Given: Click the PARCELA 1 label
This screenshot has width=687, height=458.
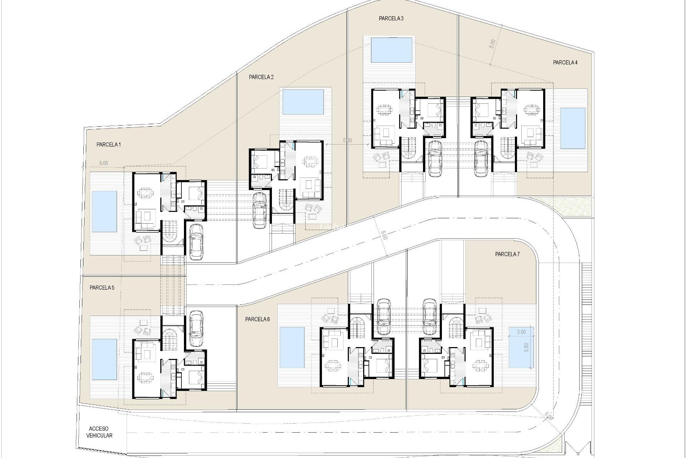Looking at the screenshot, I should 108,145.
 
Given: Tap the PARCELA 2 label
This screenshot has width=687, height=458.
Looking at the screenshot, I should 261,77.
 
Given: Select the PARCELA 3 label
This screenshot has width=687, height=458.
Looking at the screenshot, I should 391,19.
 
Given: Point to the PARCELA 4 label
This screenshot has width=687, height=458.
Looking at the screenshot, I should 565,63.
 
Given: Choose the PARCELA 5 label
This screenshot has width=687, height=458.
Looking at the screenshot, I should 102,288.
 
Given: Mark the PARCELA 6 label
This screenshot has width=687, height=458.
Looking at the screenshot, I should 257,319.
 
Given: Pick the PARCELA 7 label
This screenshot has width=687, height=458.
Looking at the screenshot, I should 507,254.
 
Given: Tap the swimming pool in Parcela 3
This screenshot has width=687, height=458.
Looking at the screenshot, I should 391,50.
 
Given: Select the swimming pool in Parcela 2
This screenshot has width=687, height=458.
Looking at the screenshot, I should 303,102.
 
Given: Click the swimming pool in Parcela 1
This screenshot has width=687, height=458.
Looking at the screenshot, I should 104,211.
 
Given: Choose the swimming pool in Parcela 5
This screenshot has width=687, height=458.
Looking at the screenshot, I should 104,359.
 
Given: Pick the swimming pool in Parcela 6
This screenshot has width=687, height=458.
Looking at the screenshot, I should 292,347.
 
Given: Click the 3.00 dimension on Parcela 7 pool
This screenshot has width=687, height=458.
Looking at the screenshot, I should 521,332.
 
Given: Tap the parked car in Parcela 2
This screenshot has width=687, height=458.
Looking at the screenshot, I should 260,210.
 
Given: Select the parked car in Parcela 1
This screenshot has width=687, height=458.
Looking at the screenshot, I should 196,242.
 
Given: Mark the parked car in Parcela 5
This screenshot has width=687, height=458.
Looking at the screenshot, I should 196,328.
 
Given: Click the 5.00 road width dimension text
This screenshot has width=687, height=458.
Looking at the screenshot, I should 384,236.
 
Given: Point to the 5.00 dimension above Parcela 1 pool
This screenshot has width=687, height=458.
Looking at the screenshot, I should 103,163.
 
